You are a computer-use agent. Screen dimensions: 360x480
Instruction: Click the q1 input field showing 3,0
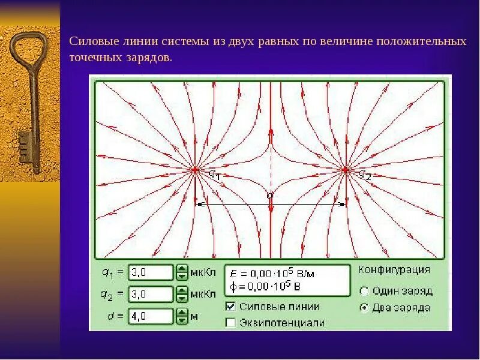coord(150,272)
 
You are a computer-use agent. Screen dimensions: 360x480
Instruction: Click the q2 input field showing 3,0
coord(150,294)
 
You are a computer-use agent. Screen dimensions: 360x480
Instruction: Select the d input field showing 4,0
coord(150,316)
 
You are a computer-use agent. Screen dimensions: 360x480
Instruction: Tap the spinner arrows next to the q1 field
coord(182,272)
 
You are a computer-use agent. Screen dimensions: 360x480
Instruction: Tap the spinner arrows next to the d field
coord(182,316)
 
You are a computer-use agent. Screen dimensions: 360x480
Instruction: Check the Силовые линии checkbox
coord(230,306)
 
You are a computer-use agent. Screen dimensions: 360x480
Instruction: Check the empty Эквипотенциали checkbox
coord(230,322)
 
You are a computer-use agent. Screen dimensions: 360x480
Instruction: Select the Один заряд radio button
coord(364,291)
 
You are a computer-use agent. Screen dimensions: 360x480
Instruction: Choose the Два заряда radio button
coord(364,308)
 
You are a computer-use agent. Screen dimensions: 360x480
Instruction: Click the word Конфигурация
coord(394,269)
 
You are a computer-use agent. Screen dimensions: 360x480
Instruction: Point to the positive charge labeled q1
coord(196,170)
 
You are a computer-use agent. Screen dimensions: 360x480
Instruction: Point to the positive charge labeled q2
coord(345,170)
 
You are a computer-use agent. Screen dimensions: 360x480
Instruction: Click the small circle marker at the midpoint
coord(269,196)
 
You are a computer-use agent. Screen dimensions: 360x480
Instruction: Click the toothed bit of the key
coord(24,147)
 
